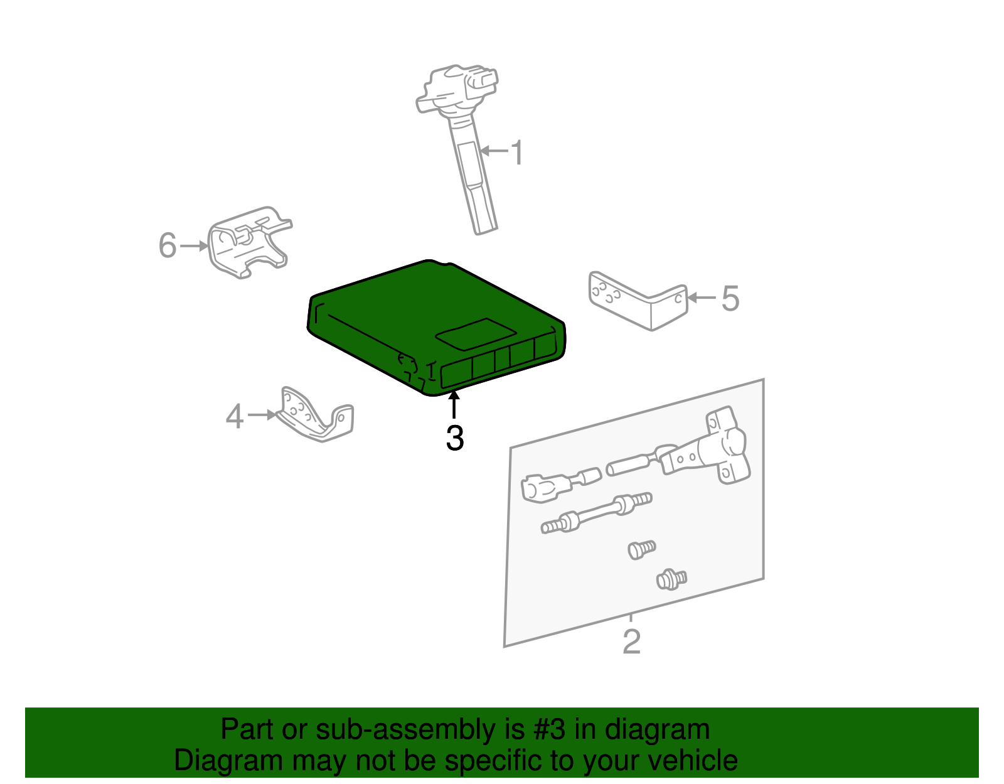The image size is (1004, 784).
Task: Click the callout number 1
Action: click(x=518, y=153)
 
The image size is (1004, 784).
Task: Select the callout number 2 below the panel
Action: click(x=632, y=642)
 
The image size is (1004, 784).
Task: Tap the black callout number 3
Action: click(x=455, y=438)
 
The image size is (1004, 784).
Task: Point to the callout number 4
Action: click(x=234, y=416)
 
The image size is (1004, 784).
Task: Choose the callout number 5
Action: click(x=730, y=298)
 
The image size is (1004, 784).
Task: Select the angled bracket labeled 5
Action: click(x=638, y=301)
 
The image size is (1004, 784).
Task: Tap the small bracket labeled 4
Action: click(x=316, y=415)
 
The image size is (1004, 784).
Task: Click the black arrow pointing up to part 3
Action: click(x=454, y=405)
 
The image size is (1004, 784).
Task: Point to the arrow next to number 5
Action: click(x=702, y=298)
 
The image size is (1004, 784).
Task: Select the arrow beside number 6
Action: click(x=194, y=246)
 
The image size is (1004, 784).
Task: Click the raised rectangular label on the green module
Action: click(x=476, y=334)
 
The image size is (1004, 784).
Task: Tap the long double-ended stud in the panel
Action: click(x=597, y=513)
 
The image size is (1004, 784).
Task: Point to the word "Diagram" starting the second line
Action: click(x=228, y=760)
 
